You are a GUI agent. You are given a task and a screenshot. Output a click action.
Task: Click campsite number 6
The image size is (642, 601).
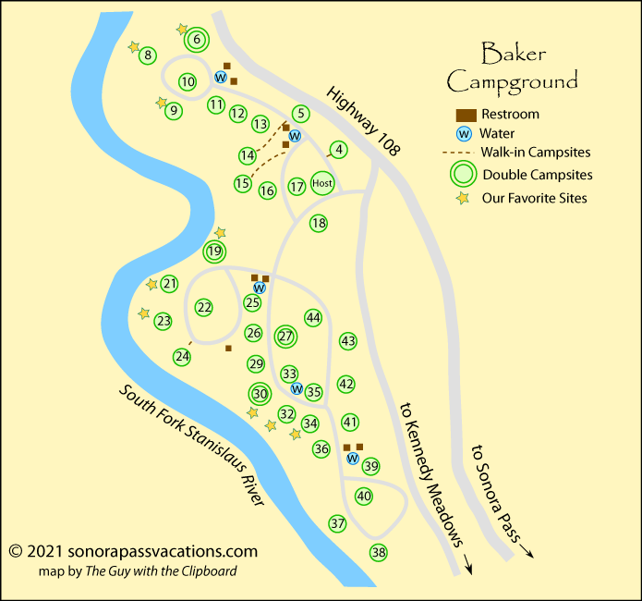(x=198, y=40)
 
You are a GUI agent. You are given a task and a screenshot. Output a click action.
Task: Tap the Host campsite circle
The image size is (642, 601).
(x=322, y=184)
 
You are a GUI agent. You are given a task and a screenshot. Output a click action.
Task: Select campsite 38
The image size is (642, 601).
(x=379, y=553)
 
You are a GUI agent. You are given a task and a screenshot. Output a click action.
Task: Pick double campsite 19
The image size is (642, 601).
(x=215, y=251)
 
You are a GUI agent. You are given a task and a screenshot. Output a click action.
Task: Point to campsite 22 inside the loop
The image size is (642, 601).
(x=204, y=308)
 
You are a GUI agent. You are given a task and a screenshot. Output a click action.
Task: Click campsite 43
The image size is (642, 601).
(x=348, y=341)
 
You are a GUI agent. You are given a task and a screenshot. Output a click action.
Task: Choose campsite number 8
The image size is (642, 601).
(x=147, y=56)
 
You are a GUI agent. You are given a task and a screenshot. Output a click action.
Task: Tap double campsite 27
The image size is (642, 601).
(x=285, y=337)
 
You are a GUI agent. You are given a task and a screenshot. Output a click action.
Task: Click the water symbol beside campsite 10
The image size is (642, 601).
(x=221, y=77)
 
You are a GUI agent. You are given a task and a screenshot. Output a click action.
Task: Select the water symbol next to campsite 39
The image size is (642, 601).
(x=352, y=458)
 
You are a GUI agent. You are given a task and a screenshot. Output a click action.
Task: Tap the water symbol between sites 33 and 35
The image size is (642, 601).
(x=297, y=388)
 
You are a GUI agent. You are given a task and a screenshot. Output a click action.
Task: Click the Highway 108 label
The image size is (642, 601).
(x=361, y=120)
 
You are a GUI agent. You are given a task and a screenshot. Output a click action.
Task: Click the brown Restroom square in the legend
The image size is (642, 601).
(x=465, y=115)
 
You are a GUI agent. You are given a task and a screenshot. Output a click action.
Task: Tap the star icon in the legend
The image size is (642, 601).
(x=465, y=197)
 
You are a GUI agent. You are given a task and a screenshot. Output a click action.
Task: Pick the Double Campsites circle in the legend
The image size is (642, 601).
(x=465, y=174)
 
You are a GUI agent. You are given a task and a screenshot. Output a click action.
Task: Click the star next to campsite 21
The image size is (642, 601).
(x=152, y=285)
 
